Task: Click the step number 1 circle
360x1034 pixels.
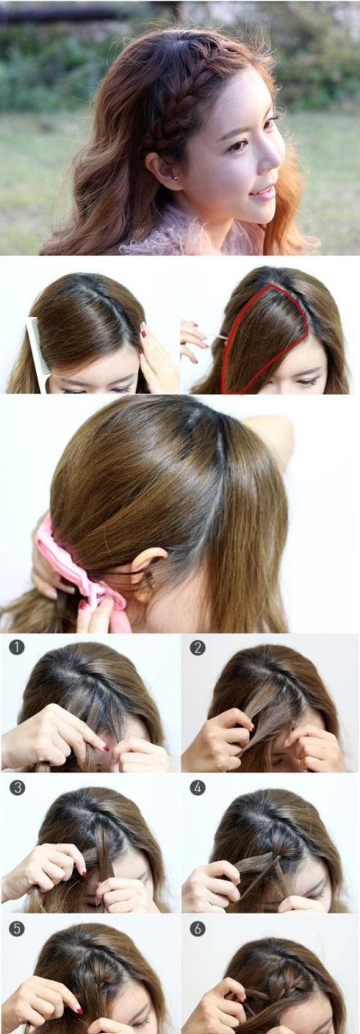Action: coord(17,648)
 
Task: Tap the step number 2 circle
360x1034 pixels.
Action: coord(197,648)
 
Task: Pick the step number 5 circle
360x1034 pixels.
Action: coord(17,929)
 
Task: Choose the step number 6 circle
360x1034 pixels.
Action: coord(197,929)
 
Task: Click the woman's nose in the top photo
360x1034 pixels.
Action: coord(272,153)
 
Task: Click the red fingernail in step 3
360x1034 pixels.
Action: coord(83,872)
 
